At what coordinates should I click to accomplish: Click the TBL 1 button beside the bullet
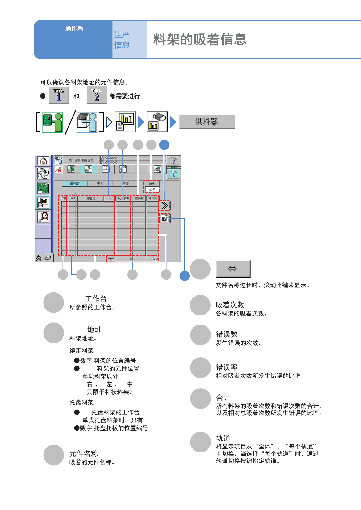coord(58,95)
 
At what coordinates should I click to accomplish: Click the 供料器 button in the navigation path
coord(207,122)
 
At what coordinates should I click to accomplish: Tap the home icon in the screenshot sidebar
coord(43,160)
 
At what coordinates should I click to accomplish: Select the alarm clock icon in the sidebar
coord(44,216)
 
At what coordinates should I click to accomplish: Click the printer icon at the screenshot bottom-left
coord(48,258)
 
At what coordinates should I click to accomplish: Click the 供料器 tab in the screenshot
coord(74,184)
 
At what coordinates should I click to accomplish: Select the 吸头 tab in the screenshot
coord(100,184)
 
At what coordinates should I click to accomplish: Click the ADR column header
coord(73,199)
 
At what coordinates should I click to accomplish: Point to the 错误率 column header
coord(153,199)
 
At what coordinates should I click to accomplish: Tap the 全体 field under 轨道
coord(152,189)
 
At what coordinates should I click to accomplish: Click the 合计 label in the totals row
coord(111,259)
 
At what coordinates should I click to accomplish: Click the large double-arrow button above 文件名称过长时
coord(233,269)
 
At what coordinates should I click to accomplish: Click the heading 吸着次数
coord(230,305)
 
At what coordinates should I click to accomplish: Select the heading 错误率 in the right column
coord(227,367)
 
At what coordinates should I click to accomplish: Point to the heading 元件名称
coord(83,454)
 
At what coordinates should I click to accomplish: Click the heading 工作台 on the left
coord(96,299)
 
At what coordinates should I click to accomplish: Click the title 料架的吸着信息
coord(200,40)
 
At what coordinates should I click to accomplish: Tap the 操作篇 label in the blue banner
coord(74,29)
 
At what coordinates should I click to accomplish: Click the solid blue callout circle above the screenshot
coord(164,145)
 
